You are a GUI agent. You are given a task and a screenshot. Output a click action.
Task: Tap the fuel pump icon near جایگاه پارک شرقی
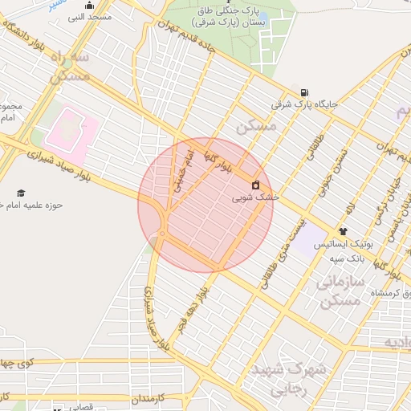point(304,92)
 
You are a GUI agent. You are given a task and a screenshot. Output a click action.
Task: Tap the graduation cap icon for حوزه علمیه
point(21,193)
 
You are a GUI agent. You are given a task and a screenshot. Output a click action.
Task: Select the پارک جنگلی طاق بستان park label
point(241,17)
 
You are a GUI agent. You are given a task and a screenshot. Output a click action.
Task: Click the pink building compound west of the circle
point(73,131)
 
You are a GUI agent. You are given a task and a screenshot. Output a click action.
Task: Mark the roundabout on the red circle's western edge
point(161,234)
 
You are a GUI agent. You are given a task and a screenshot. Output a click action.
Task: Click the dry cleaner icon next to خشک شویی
point(255,185)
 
